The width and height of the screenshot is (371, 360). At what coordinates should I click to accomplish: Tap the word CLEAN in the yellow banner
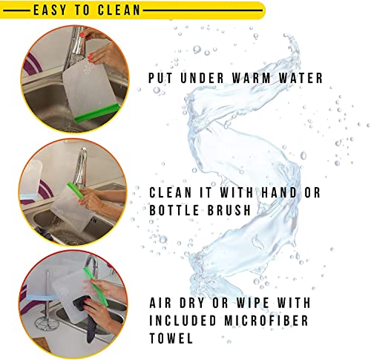pyautogui.click(x=119, y=10)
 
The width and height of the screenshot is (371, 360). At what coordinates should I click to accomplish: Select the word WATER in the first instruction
pyautogui.click(x=301, y=78)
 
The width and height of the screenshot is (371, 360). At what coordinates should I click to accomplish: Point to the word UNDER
pyautogui.click(x=202, y=78)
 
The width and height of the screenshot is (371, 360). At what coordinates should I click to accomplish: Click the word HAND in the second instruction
pyautogui.click(x=279, y=192)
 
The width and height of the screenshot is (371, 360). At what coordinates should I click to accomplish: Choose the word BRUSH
pyautogui.click(x=229, y=210)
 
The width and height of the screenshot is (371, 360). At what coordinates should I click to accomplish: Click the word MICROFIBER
pyautogui.click(x=266, y=321)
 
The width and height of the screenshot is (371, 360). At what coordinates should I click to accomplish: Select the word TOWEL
pyautogui.click(x=171, y=338)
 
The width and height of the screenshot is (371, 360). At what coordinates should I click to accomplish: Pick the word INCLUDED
pyautogui.click(x=183, y=321)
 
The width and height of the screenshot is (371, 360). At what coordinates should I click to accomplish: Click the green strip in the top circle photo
pyautogui.click(x=97, y=113)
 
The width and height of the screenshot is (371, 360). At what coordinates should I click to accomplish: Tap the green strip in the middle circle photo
pyautogui.click(x=75, y=190)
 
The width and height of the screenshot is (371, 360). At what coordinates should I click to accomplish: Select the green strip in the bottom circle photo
pyautogui.click(x=96, y=287)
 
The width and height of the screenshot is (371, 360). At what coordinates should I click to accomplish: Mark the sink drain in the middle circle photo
pyautogui.click(x=72, y=240)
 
